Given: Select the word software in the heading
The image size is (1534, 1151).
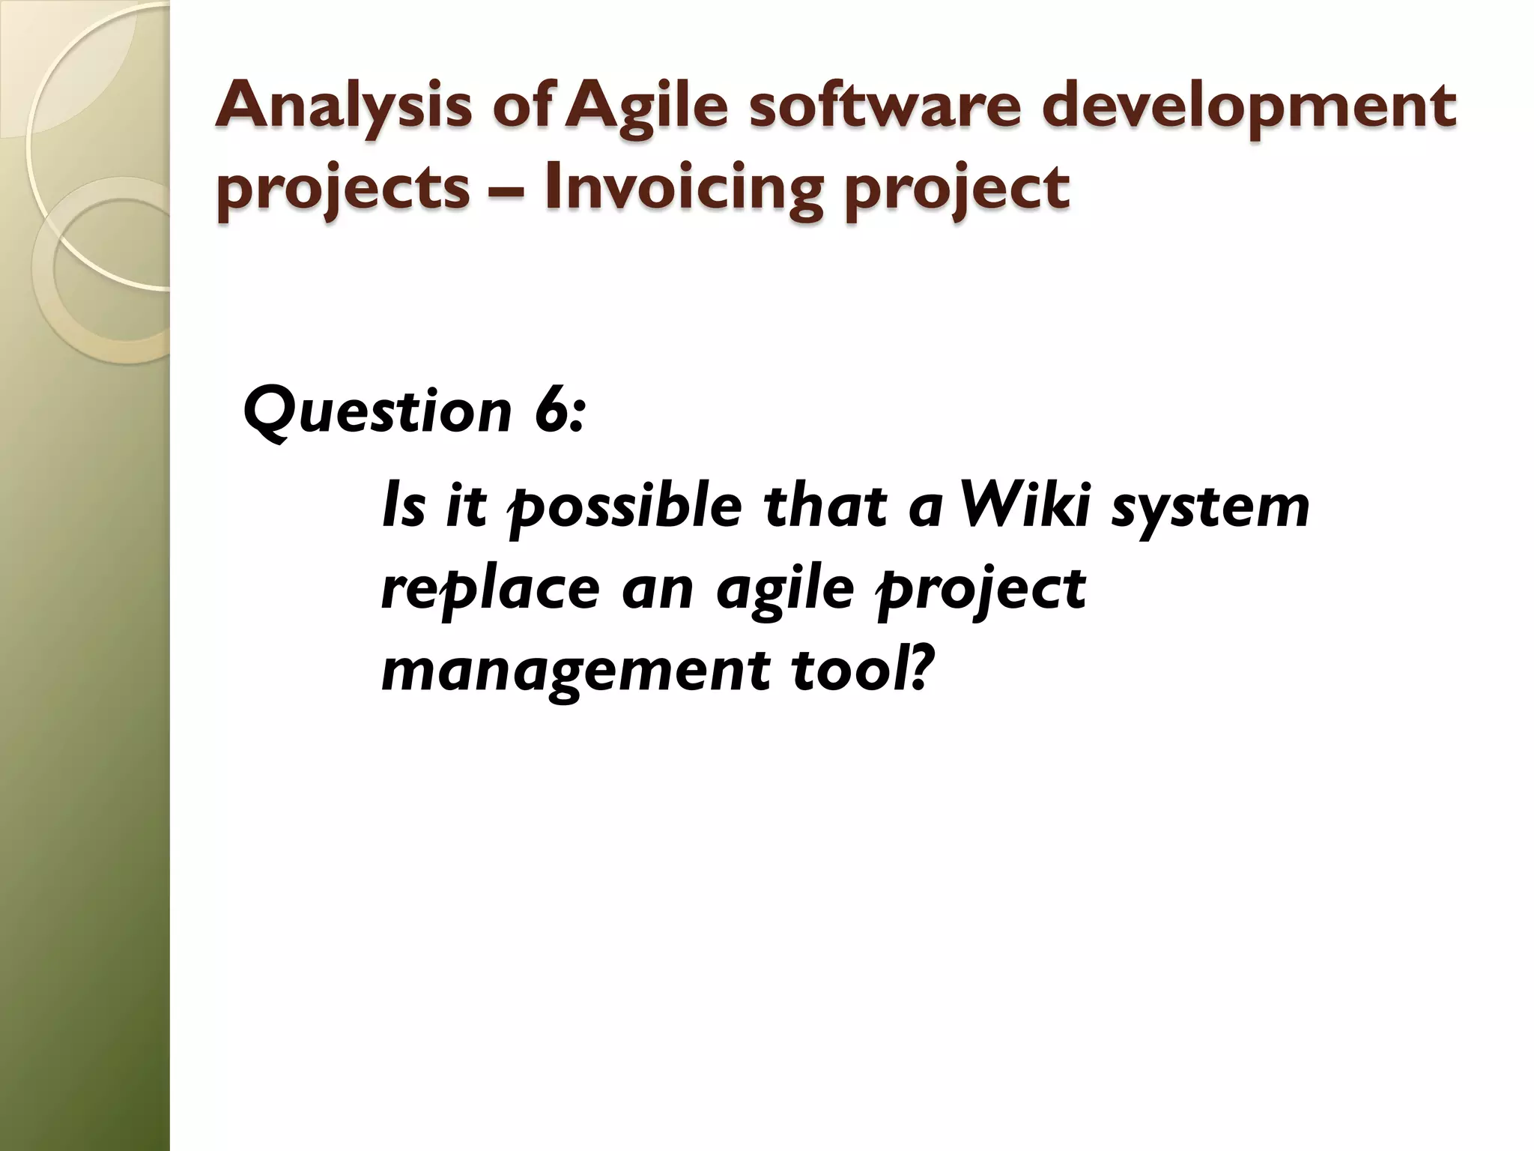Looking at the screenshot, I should [885, 107].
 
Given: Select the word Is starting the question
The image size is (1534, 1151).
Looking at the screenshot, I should [404, 506].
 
